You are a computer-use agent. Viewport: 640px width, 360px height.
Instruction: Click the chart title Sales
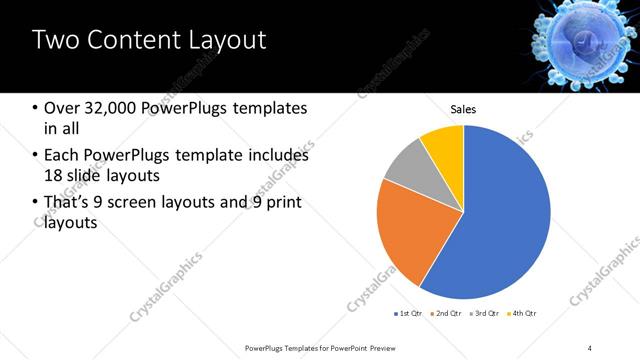(x=463, y=109)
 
